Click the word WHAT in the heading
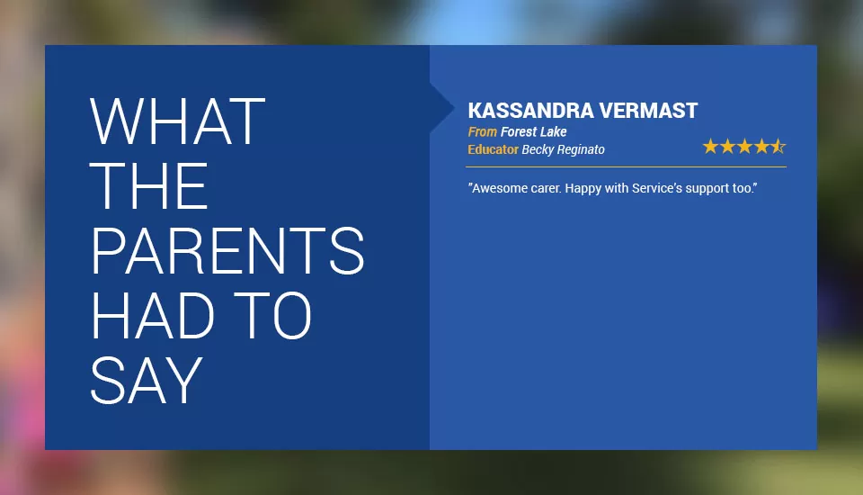pyautogui.click(x=177, y=121)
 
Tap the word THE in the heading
pyautogui.click(x=148, y=185)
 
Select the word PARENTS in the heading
pyautogui.click(x=227, y=250)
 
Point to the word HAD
pyautogui.click(x=152, y=315)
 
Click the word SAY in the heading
pyautogui.click(x=147, y=381)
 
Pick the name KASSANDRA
pyautogui.click(x=530, y=111)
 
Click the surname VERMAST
pyautogui.click(x=648, y=111)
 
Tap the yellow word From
pyautogui.click(x=482, y=131)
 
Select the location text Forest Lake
pyautogui.click(x=533, y=131)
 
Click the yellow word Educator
pyautogui.click(x=494, y=149)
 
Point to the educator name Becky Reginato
pyautogui.click(x=563, y=150)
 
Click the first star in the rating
pyautogui.click(x=710, y=146)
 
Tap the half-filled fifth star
pyautogui.click(x=778, y=146)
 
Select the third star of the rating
pyautogui.click(x=744, y=146)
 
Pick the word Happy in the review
pyautogui.click(x=583, y=189)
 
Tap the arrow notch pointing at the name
pyautogui.click(x=442, y=109)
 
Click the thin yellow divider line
pyautogui.click(x=627, y=166)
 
